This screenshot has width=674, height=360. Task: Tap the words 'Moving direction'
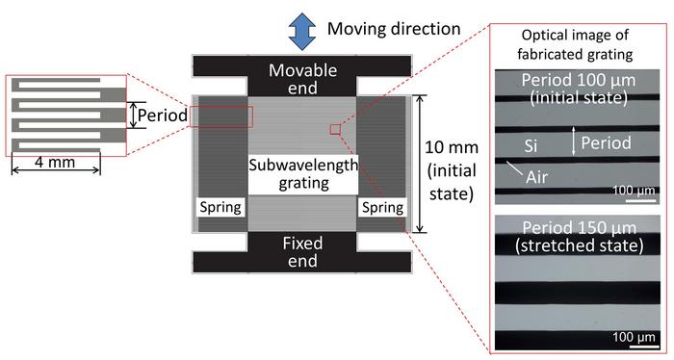tap(390, 27)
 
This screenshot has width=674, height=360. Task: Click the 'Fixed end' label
tap(303, 253)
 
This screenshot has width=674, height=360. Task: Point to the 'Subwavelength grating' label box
tap(303, 174)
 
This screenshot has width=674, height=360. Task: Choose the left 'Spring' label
tap(220, 207)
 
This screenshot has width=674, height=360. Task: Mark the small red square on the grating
tap(335, 127)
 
